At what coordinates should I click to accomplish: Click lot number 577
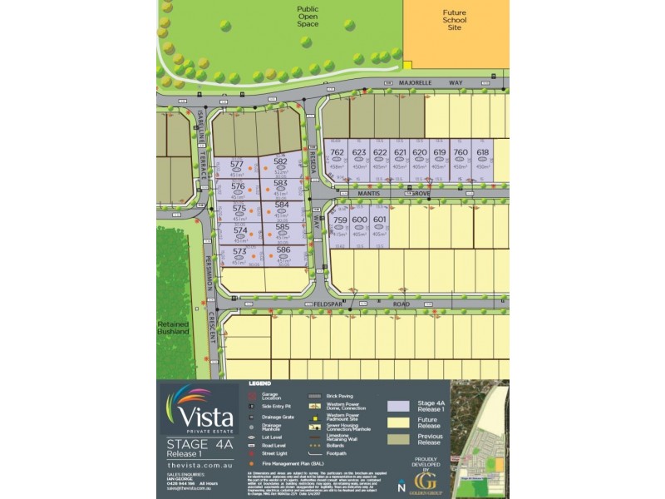pyautogui.click(x=237, y=165)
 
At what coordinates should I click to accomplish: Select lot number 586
pyautogui.click(x=282, y=249)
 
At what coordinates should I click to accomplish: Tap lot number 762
pyautogui.click(x=337, y=153)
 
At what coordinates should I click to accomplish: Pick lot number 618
pyautogui.click(x=483, y=153)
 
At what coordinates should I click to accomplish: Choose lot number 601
pyautogui.click(x=380, y=220)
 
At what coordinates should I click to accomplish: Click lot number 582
pyautogui.click(x=280, y=162)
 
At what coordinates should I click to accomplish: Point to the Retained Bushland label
pyautogui.click(x=173, y=327)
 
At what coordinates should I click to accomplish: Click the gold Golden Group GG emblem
pyautogui.click(x=426, y=480)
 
